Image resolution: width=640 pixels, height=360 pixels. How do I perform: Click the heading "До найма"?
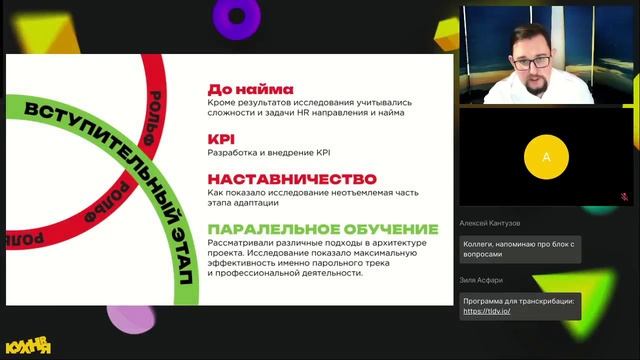(247, 87)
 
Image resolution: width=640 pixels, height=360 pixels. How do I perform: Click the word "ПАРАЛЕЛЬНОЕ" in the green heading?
(269, 229)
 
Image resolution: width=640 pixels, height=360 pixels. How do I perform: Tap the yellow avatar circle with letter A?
(545, 157)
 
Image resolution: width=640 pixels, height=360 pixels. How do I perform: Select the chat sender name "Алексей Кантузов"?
(494, 223)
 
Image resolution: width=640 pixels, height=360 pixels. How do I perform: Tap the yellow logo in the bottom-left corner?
(28, 346)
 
